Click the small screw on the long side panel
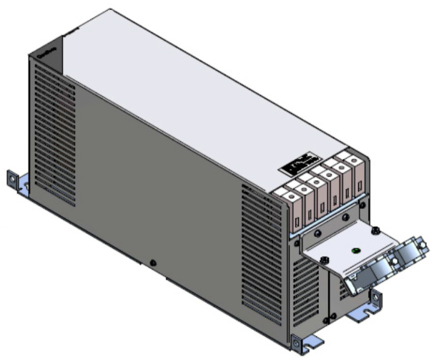tap(153, 263)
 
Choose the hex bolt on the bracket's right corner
tap(375, 230)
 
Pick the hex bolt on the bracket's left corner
tap(323, 260)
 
